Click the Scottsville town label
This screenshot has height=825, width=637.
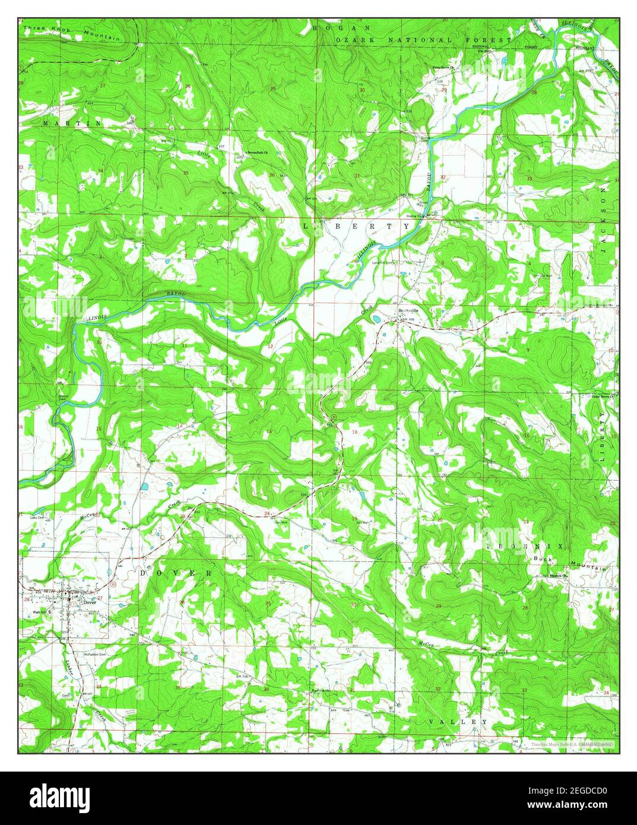407,310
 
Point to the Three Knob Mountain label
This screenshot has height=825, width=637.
72,33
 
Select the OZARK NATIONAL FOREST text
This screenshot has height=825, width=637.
423,40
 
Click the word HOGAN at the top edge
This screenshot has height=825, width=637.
342,27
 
